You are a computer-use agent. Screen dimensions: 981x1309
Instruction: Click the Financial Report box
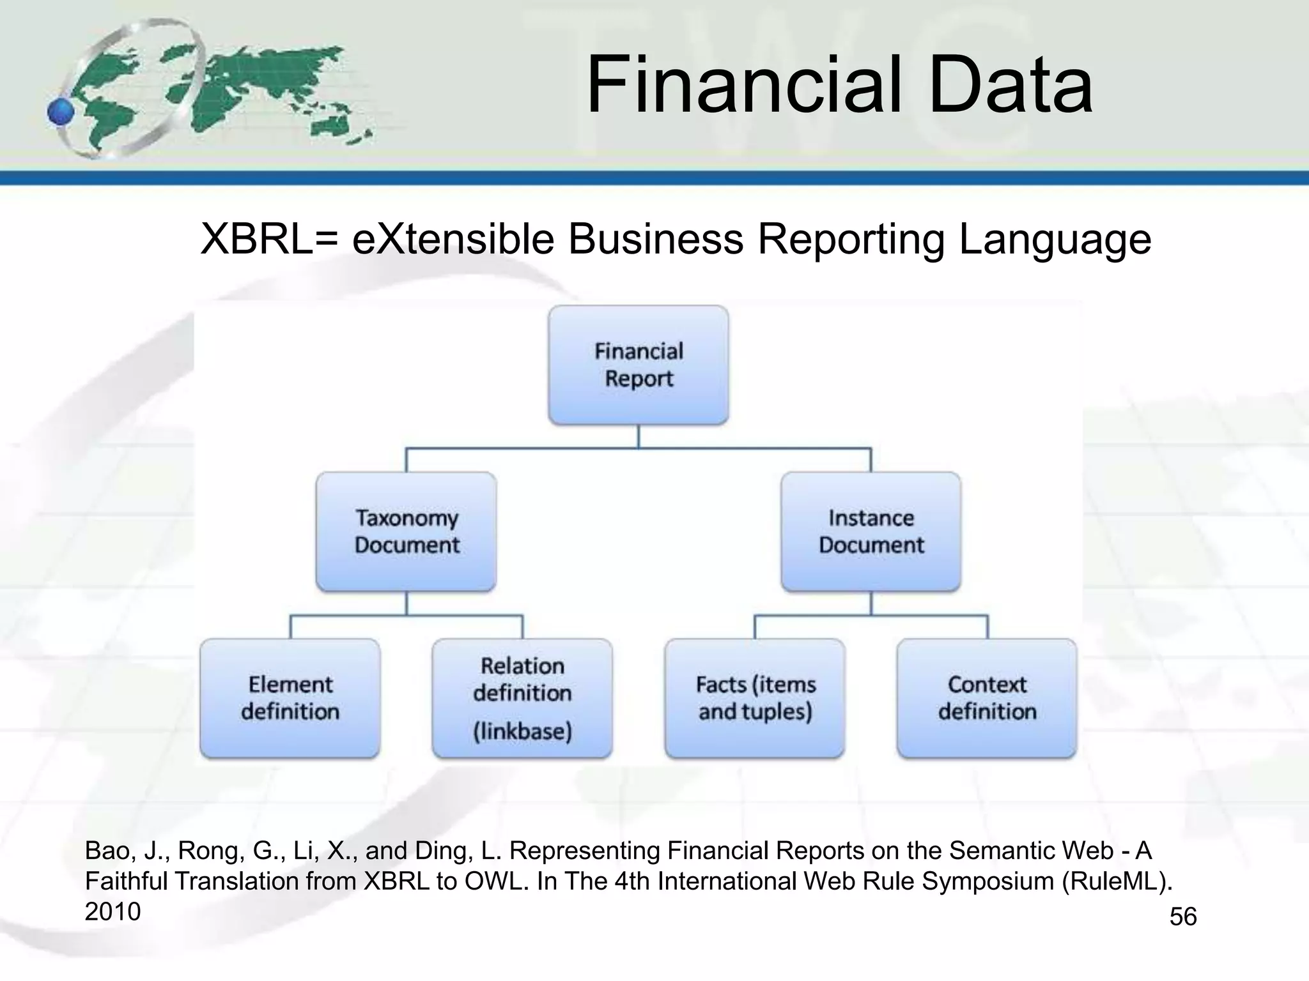pyautogui.click(x=638, y=365)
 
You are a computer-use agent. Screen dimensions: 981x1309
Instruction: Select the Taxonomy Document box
pyautogui.click(x=407, y=531)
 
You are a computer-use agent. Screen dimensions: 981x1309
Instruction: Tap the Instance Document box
pyautogui.click(x=871, y=531)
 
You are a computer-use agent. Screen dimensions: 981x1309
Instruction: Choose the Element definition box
pyautogui.click(x=290, y=698)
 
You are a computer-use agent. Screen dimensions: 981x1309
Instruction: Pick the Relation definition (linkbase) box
pyautogui.click(x=522, y=698)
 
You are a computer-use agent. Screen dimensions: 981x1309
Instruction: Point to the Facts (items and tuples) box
pyautogui.click(x=755, y=698)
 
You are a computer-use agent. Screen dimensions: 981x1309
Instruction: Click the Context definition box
pyautogui.click(x=987, y=698)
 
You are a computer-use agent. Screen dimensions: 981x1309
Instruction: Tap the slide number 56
pyautogui.click(x=1182, y=917)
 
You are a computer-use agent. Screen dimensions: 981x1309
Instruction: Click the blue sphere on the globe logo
pyautogui.click(x=61, y=112)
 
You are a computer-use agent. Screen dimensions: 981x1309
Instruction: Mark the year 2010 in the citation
pyautogui.click(x=112, y=911)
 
